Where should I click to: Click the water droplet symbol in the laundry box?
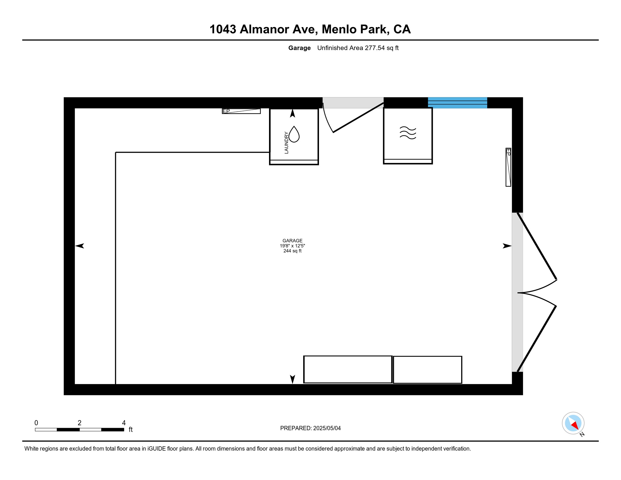pos(294,134)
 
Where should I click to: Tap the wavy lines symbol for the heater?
pos(408,133)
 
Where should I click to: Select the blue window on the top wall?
pos(458,103)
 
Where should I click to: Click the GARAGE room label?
pos(292,241)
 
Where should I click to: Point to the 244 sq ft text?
pos(292,251)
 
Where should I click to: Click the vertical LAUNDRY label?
pos(286,143)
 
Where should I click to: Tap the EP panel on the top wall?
pos(241,111)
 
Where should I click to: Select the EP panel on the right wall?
pos(508,167)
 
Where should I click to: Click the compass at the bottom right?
pos(573,423)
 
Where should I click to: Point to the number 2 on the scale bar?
pos(80,423)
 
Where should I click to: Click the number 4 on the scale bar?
pos(124,423)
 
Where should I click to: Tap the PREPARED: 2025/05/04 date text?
pos(310,428)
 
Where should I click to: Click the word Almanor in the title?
pos(264,29)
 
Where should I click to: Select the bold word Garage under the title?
pos(299,48)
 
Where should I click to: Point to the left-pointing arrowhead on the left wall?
pos(80,246)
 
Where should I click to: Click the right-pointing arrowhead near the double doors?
pos(507,246)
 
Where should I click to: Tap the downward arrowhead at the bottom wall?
pos(292,379)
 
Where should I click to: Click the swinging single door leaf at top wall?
pos(358,117)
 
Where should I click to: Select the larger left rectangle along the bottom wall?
pos(348,369)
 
